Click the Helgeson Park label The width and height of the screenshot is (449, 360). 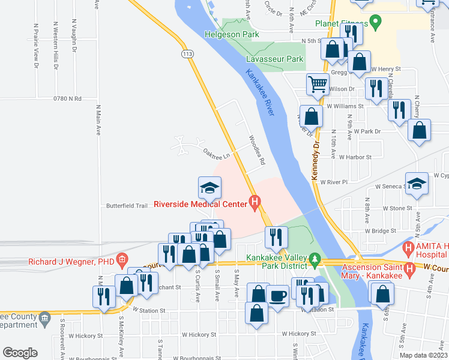point(232,35)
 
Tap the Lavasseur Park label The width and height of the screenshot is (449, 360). point(275,59)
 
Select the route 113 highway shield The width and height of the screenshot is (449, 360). point(188,54)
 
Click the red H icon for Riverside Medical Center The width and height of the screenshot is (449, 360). point(255,204)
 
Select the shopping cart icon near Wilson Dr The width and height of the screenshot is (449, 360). point(318,84)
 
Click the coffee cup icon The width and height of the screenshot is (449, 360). point(277,295)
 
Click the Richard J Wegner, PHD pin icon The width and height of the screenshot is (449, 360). point(121,260)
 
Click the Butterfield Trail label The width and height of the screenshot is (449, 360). point(127,206)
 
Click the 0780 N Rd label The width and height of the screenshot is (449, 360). point(67,98)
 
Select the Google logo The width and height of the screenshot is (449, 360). point(20,352)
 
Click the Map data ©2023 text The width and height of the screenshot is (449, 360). point(423,355)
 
